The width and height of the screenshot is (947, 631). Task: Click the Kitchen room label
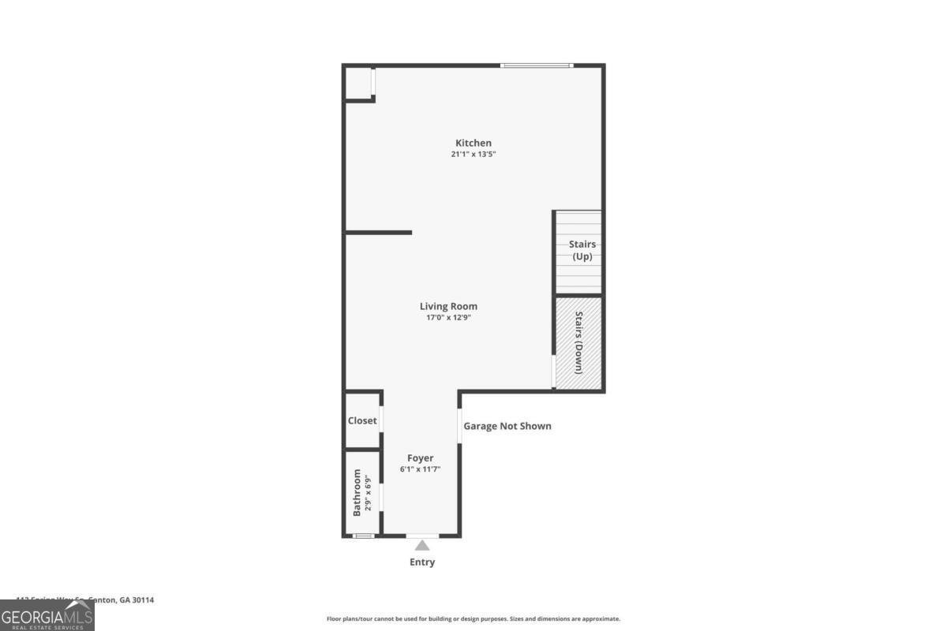click(473, 143)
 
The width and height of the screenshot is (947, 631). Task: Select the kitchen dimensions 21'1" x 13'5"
click(473, 155)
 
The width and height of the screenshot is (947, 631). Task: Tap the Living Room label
click(448, 306)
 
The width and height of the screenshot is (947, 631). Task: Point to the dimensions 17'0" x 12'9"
click(448, 318)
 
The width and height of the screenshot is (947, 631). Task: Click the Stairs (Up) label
click(582, 250)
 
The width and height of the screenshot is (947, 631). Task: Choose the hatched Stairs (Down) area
click(579, 343)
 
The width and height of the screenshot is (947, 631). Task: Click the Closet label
click(362, 420)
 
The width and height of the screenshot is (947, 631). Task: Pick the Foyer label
click(420, 458)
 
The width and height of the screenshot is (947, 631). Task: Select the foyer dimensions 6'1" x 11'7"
click(420, 469)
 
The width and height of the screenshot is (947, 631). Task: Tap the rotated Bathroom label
click(357, 493)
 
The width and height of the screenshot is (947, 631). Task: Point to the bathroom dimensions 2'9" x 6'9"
click(368, 493)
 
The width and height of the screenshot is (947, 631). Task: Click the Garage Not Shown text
click(507, 426)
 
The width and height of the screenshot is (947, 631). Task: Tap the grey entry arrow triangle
click(422, 545)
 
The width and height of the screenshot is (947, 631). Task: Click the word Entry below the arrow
click(422, 562)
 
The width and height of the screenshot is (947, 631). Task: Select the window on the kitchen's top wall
click(537, 65)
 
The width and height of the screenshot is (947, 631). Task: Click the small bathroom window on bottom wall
click(363, 536)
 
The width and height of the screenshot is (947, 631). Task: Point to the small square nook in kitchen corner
click(359, 84)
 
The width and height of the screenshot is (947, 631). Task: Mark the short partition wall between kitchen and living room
click(379, 233)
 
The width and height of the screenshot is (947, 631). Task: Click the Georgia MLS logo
click(47, 615)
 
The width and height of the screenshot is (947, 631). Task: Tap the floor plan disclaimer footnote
click(473, 619)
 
